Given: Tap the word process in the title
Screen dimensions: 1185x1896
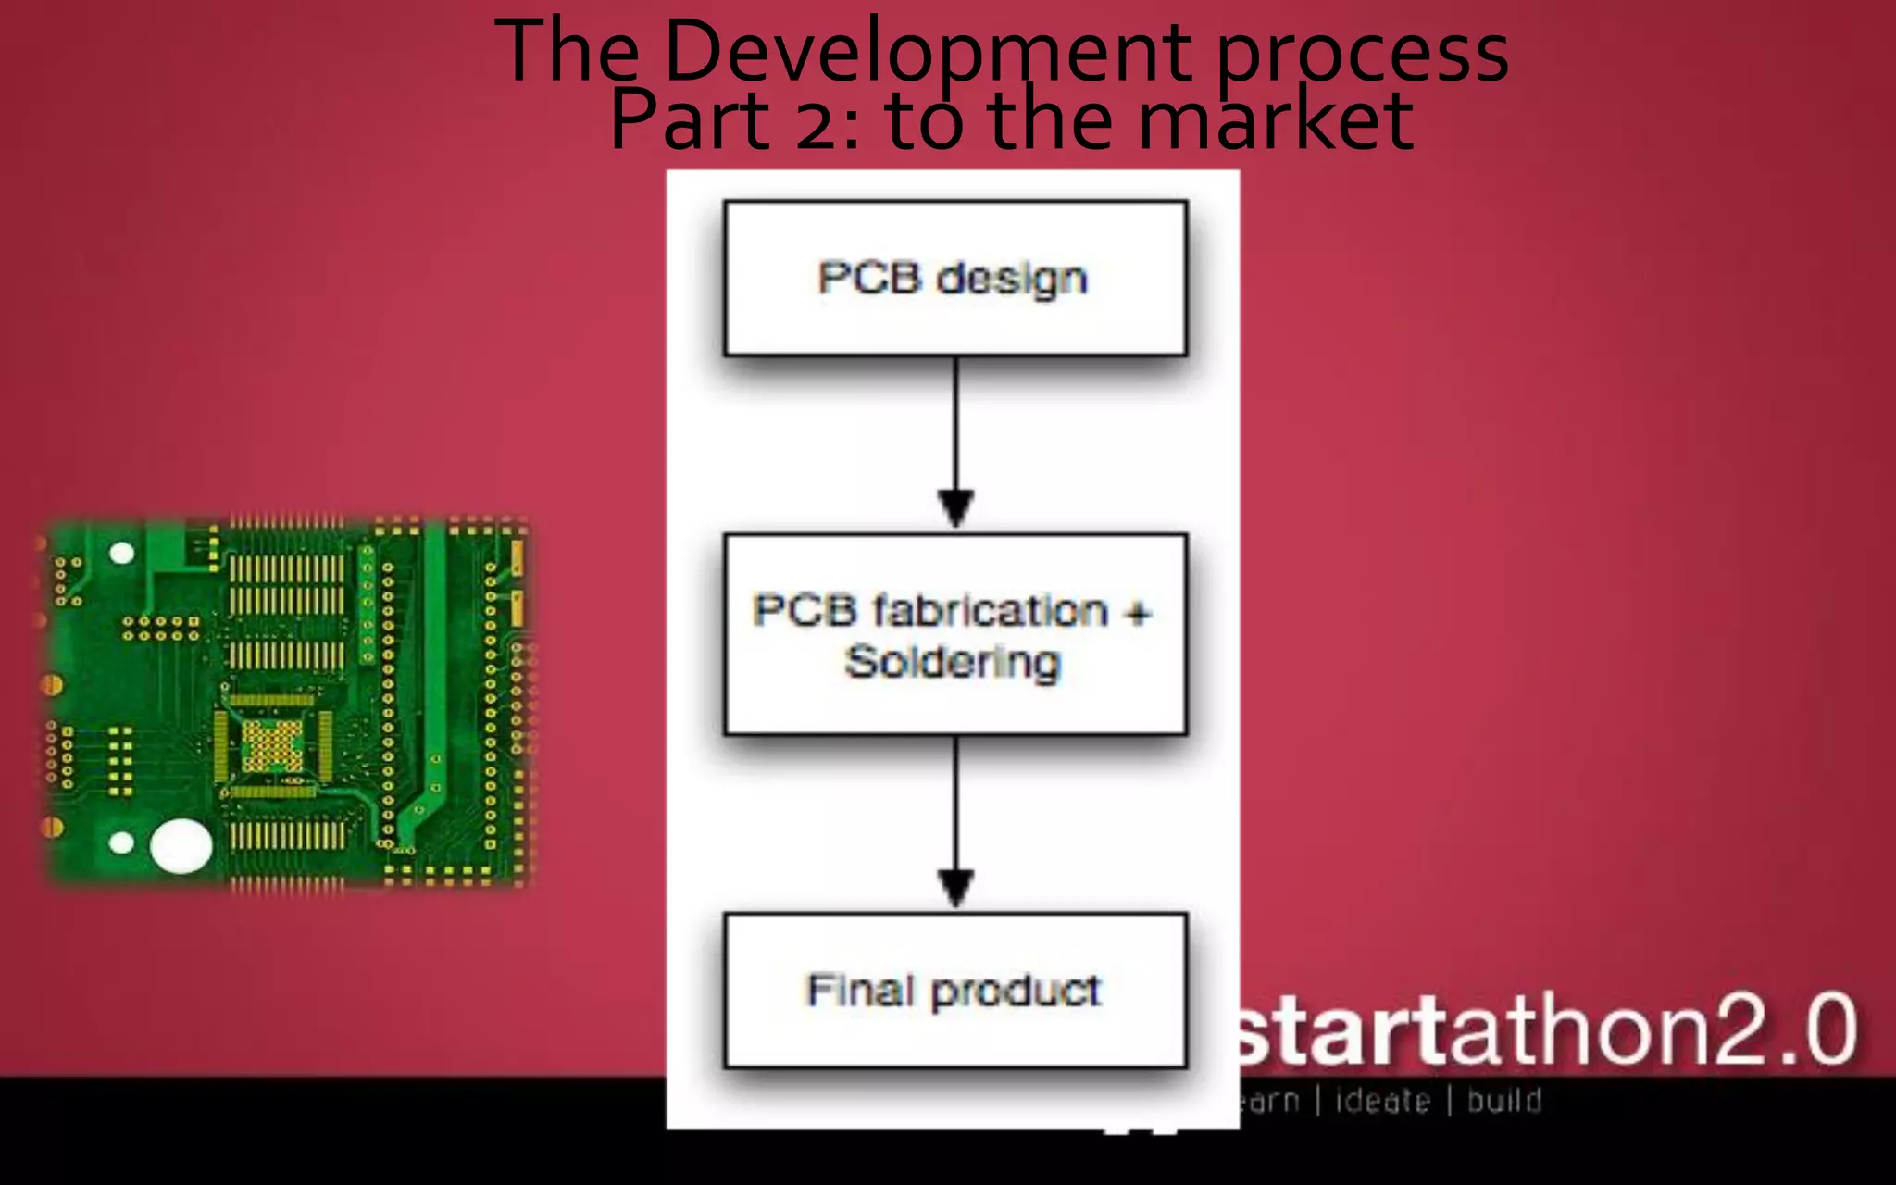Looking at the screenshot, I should [1363, 54].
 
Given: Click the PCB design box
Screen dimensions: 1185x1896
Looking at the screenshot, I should [955, 278].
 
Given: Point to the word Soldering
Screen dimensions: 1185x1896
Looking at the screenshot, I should [953, 663].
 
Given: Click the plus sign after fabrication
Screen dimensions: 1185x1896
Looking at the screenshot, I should [1138, 612].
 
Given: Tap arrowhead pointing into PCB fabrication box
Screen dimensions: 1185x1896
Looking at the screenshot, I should [955, 507].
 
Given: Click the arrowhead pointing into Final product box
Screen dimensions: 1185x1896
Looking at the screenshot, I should [955, 887].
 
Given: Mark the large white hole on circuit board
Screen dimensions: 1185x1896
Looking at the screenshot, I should [181, 846].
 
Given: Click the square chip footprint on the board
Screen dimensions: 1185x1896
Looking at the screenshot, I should [272, 746].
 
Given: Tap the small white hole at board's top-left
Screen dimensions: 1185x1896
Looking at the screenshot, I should [121, 554].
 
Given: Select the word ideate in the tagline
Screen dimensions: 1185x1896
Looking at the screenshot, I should [1382, 1101].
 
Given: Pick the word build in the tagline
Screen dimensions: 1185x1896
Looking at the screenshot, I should [1504, 1101].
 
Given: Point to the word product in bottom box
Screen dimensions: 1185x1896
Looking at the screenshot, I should [1016, 992].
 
